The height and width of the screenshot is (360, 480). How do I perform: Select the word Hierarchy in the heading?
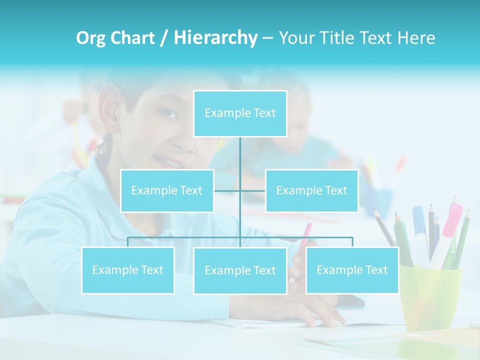pos(215,38)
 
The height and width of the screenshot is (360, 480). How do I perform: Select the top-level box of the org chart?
pos(240,113)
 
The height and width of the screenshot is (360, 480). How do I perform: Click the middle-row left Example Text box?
pos(167,190)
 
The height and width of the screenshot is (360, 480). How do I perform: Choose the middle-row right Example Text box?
pos(311,190)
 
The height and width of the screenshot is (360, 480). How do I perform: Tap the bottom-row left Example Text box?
pos(128,270)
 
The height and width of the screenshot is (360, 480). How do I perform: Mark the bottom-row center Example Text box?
pos(240,270)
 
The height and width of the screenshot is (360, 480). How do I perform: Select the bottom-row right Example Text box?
pos(352,270)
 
